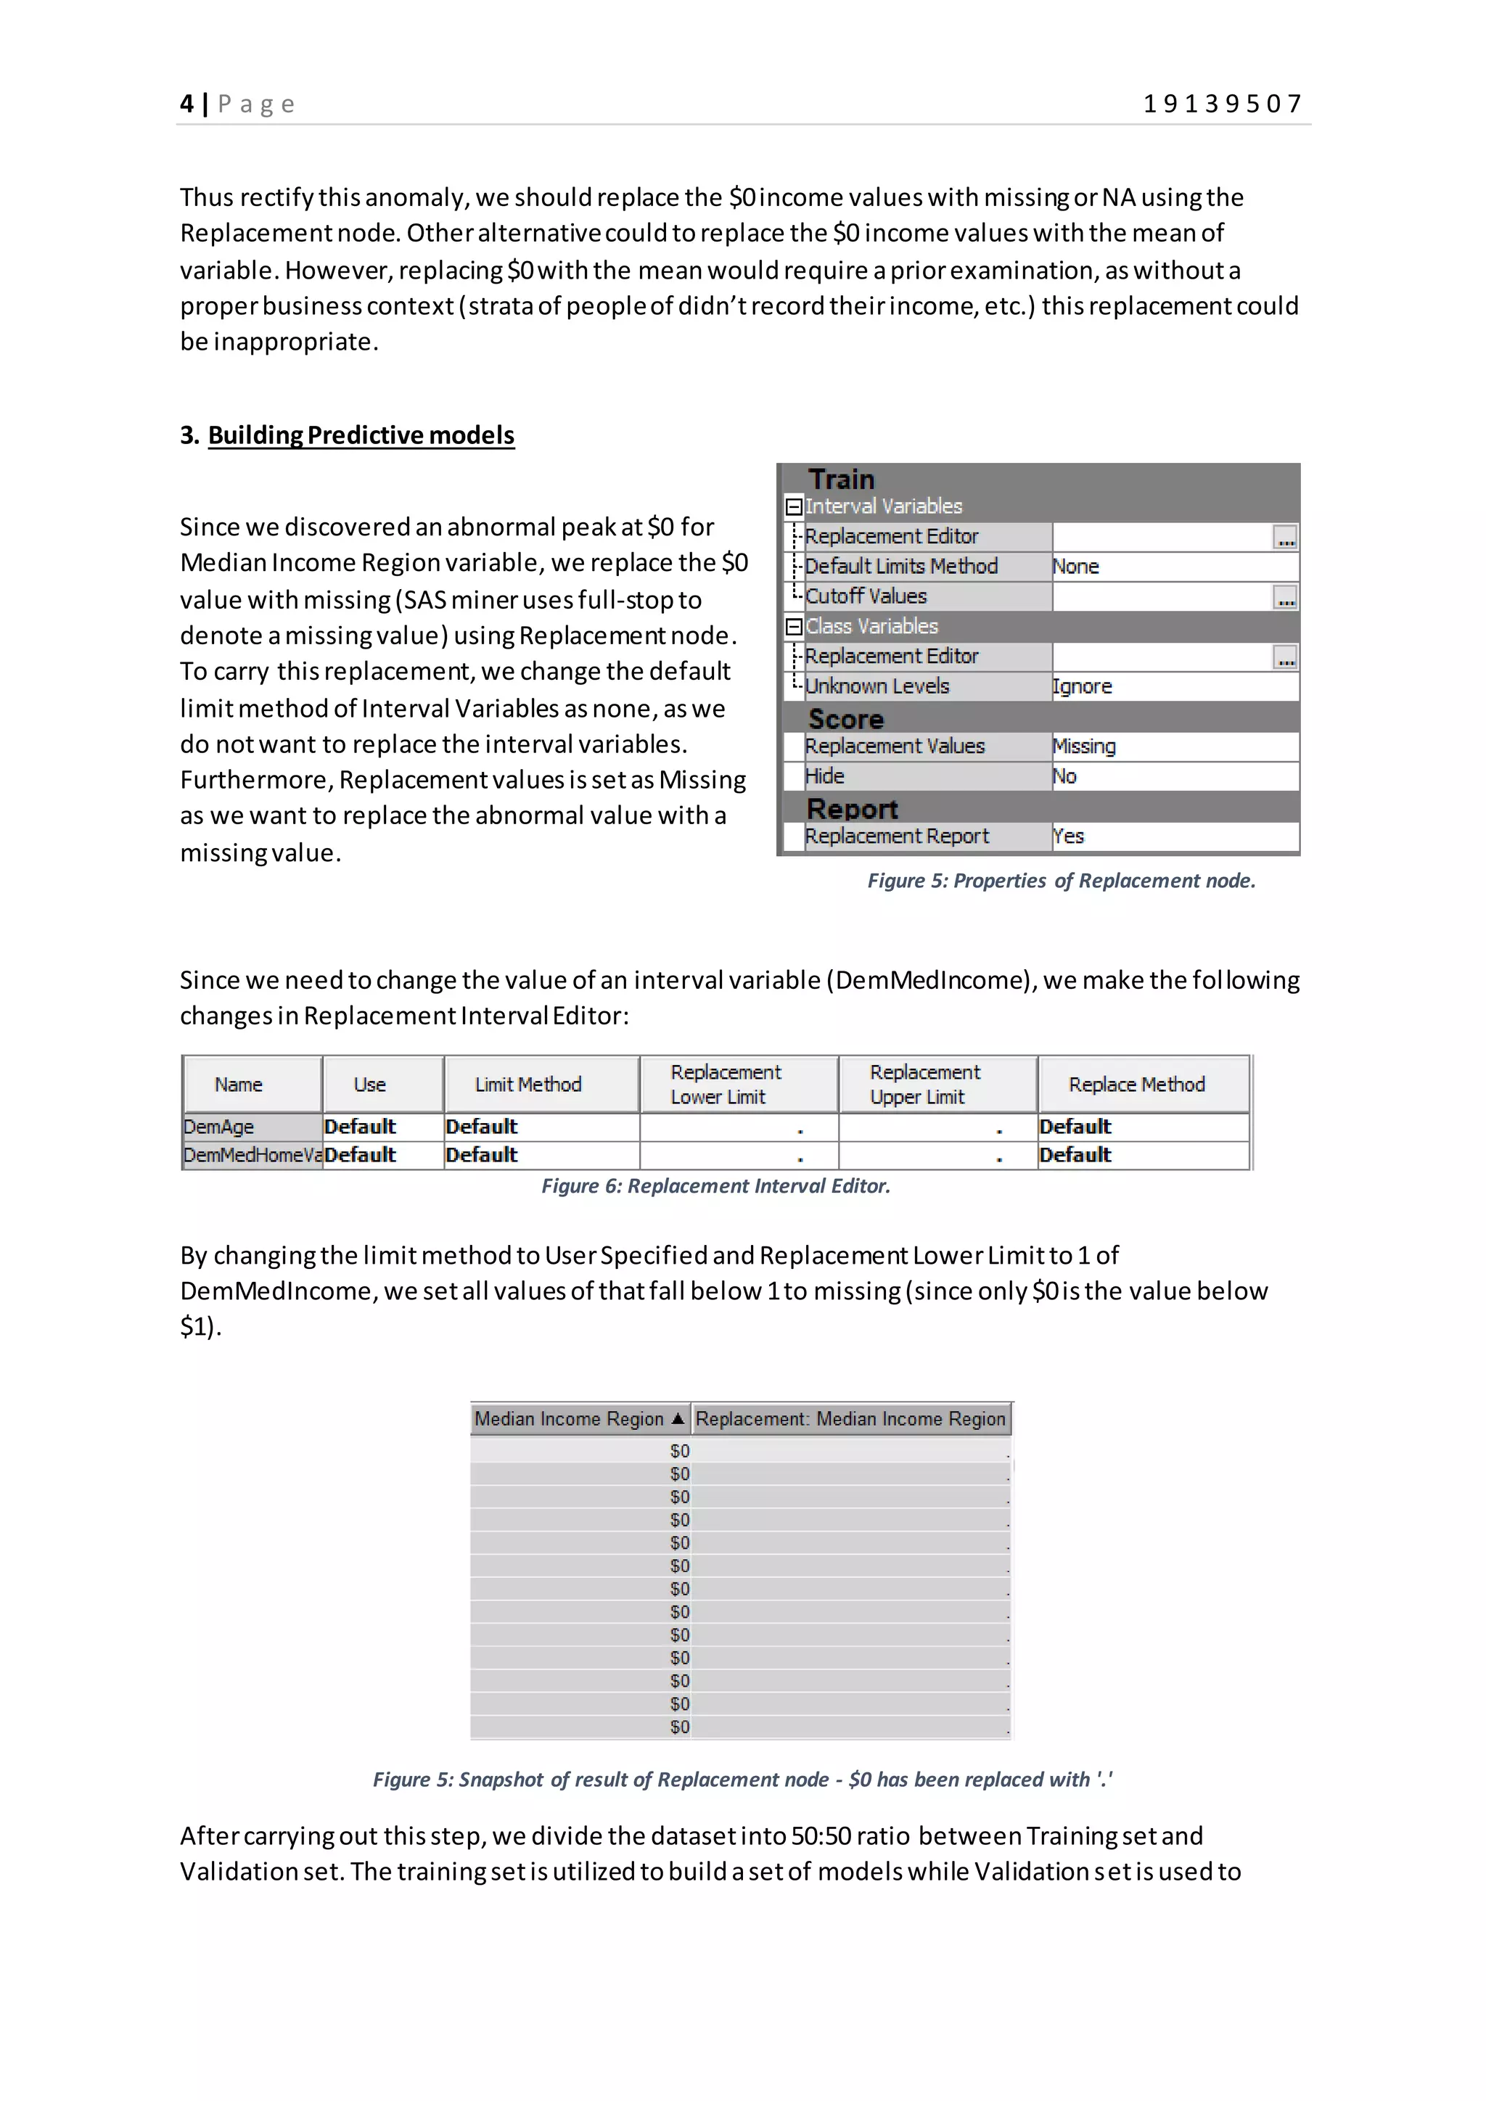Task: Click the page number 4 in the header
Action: coord(186,104)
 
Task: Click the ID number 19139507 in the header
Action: coord(1223,104)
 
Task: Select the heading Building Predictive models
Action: coord(361,435)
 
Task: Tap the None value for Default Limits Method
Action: coord(1076,567)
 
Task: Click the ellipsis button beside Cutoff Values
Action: coord(1285,598)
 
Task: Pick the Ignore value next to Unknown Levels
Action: coord(1083,686)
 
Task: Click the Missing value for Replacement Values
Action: coord(1084,746)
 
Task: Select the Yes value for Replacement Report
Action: coord(1069,836)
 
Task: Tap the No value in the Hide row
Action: coord(1065,776)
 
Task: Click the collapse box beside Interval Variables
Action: coord(795,506)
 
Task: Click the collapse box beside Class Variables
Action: coord(795,627)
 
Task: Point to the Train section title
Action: coord(841,480)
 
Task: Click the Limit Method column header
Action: coord(528,1085)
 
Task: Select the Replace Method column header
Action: coord(1136,1085)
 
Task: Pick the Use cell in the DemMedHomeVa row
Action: coord(361,1155)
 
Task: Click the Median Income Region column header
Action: coord(569,1418)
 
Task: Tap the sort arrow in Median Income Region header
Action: coord(677,1418)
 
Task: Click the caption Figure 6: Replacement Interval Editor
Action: coord(715,1186)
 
